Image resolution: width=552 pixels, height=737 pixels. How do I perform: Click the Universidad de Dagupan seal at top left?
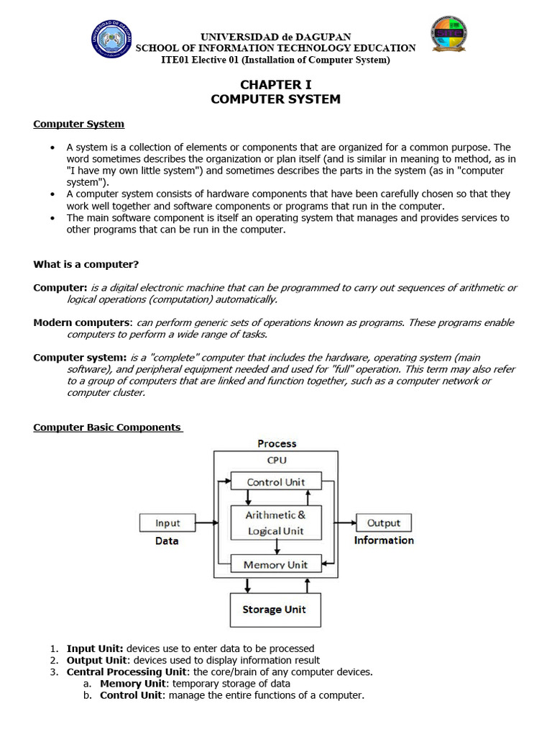coord(111,39)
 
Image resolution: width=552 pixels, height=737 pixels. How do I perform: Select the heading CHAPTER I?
coord(275,85)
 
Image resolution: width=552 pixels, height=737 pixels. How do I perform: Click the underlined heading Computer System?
coord(78,124)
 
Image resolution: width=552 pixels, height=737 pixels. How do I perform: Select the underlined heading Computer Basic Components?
coord(107,427)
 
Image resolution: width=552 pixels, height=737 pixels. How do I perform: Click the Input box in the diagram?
coord(167,523)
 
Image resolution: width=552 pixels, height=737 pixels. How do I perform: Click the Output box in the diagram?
coord(384,523)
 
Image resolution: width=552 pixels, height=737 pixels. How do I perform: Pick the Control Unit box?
coord(275,482)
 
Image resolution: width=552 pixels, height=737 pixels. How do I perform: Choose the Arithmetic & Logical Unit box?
coord(275,523)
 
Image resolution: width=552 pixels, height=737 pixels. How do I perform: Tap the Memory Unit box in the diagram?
coord(275,565)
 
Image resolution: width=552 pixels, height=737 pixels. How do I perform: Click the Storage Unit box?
coord(275,610)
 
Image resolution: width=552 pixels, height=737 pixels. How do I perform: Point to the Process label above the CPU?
coord(277,443)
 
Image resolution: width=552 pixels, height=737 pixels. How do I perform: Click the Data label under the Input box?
coord(167,541)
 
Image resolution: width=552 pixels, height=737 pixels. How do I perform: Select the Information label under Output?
coord(384,541)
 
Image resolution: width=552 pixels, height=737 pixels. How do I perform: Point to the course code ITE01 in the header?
coord(178,60)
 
